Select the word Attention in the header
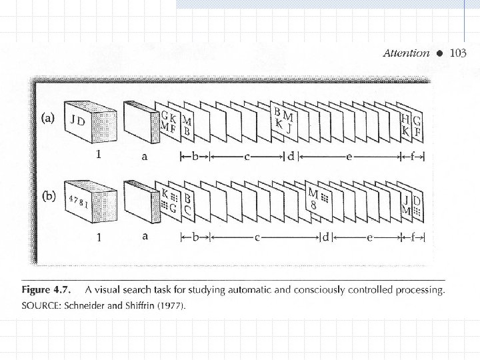(x=406, y=53)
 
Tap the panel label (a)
(x=49, y=117)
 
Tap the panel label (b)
(x=49, y=198)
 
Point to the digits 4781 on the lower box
(x=78, y=202)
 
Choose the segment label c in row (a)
(x=246, y=157)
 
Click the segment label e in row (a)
(x=350, y=157)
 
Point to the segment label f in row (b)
(x=411, y=237)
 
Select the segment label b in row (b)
(x=195, y=237)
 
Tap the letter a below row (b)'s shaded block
(x=146, y=235)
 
